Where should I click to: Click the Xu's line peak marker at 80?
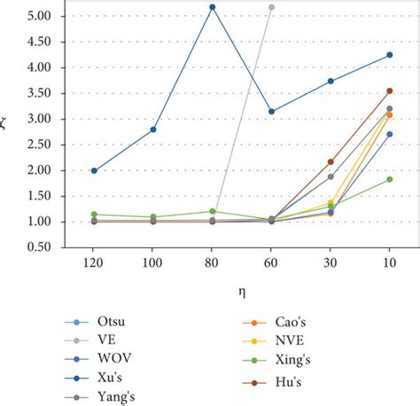(x=212, y=7)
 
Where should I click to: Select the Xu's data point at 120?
(x=94, y=171)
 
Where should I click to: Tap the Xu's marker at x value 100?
(x=153, y=129)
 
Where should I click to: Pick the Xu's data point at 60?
(x=271, y=112)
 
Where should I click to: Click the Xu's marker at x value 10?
(x=389, y=55)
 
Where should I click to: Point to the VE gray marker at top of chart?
(x=271, y=7)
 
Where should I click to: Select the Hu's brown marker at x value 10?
(x=389, y=90)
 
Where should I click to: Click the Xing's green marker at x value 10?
(x=389, y=179)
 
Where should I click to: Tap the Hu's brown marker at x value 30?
(x=331, y=161)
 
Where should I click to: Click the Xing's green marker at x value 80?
(x=212, y=211)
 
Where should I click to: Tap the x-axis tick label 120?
(x=94, y=265)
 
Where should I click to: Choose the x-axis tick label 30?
(x=331, y=265)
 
